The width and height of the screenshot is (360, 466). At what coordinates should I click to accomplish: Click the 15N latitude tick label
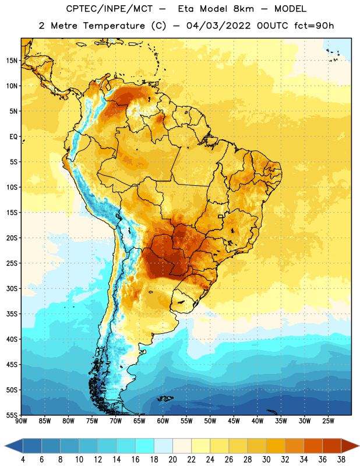point(12,61)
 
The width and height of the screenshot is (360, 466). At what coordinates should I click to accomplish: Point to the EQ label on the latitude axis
point(13,137)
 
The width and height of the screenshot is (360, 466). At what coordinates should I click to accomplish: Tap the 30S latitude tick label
point(12,288)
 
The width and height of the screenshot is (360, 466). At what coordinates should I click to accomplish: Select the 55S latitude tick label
point(12,415)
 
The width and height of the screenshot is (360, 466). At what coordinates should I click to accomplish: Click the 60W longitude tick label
point(163,421)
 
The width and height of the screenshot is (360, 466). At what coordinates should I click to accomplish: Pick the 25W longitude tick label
point(328,421)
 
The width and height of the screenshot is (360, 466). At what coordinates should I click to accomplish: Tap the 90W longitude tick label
point(21,421)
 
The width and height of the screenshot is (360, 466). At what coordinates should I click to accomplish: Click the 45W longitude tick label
point(234,421)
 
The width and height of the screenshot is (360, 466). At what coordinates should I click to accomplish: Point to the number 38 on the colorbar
point(341,460)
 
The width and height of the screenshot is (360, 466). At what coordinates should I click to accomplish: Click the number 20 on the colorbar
point(172,460)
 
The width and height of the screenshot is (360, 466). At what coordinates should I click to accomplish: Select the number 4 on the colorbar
point(23,460)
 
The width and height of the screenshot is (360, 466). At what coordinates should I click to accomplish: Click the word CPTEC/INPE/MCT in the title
point(109,9)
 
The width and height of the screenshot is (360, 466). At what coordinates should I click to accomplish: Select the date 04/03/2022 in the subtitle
point(218,26)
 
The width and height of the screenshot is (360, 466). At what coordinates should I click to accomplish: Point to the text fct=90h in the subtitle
point(314,26)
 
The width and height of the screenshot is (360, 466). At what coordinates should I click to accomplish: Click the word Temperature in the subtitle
point(114,26)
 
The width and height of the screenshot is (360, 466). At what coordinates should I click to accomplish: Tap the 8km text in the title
point(243,9)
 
